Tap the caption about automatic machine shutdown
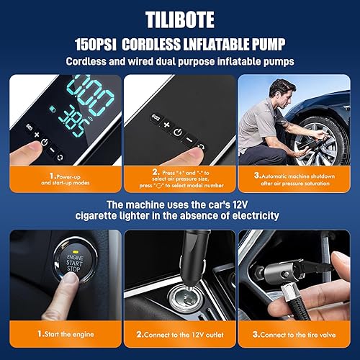click(297, 178)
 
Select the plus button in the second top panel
click(166, 124)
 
